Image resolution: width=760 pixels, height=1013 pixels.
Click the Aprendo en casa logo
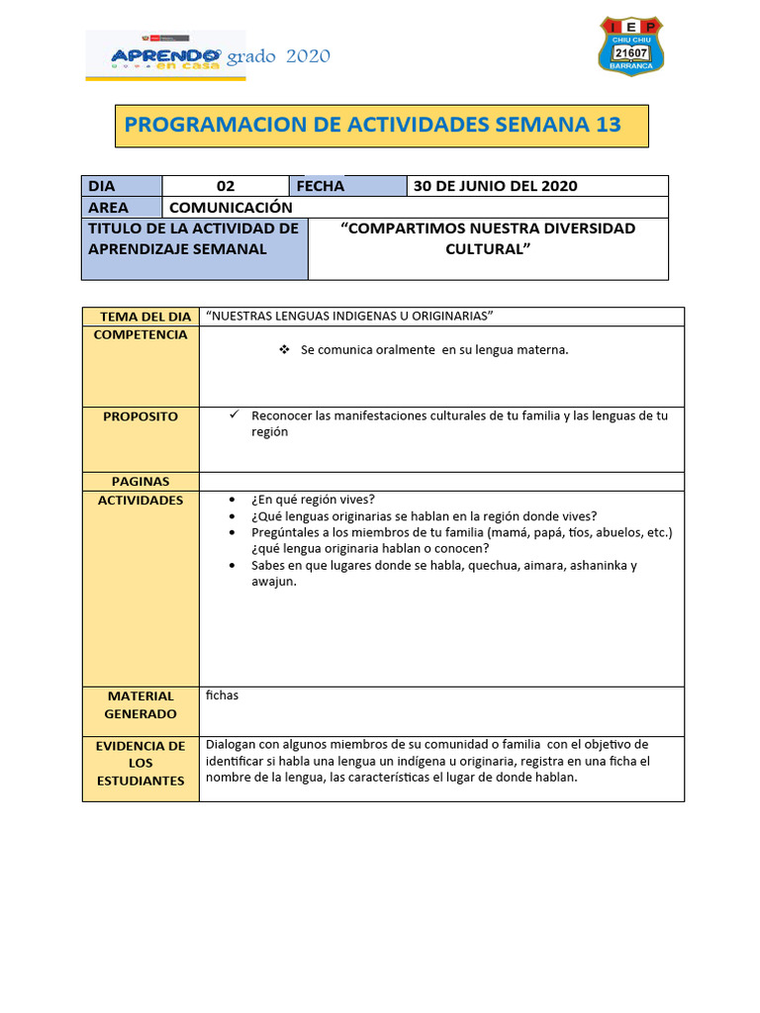coord(154,55)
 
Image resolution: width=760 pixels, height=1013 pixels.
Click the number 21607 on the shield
coord(631,52)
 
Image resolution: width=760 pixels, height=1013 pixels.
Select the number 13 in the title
coord(609,124)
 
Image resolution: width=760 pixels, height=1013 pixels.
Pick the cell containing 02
coord(226,186)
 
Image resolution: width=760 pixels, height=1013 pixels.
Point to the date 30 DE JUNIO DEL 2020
coord(495,186)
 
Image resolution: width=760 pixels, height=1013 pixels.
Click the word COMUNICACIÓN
coord(231,207)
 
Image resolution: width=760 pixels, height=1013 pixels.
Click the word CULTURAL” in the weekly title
coord(488,248)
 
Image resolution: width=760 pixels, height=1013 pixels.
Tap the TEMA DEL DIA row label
coord(145,317)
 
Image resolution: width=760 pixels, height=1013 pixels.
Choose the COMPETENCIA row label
coord(141,334)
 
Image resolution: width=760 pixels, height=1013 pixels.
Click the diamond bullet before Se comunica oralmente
coord(284,350)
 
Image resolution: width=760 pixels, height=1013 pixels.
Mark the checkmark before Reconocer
coord(235,415)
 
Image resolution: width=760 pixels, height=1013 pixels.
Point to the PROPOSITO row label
coord(141,416)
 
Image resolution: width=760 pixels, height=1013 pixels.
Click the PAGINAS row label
coord(141,481)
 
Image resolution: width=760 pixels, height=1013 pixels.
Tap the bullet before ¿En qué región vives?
coord(232,501)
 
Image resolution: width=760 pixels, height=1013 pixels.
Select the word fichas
coord(222,695)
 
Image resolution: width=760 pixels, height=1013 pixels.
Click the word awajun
coord(273,582)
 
